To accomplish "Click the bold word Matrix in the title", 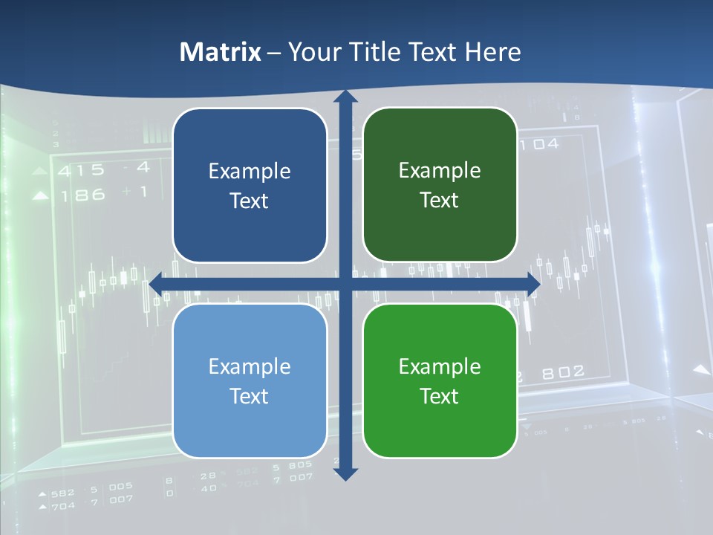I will (x=221, y=52).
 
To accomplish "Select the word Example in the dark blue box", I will (x=250, y=172).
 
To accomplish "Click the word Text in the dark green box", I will (x=440, y=201).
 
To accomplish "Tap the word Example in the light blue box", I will (x=250, y=367).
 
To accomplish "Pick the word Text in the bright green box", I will (x=440, y=396).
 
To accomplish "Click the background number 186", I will (x=82, y=195).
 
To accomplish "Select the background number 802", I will (x=562, y=372).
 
